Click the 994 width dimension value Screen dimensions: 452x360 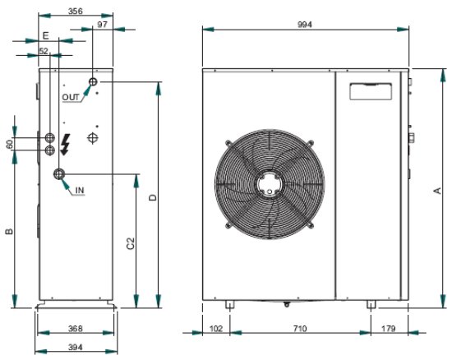pos(305,25)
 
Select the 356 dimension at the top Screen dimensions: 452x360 pos(76,12)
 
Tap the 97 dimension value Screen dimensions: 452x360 pos(102,25)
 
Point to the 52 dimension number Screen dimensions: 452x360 pos(44,51)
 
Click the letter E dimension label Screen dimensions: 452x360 pos(46,35)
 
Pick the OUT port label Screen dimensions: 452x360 pos(71,98)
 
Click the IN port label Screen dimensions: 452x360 pos(80,190)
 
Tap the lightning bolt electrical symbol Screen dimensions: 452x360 pos(66,145)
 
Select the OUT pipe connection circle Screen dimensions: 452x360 pos(93,82)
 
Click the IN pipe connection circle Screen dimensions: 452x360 pos(59,174)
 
